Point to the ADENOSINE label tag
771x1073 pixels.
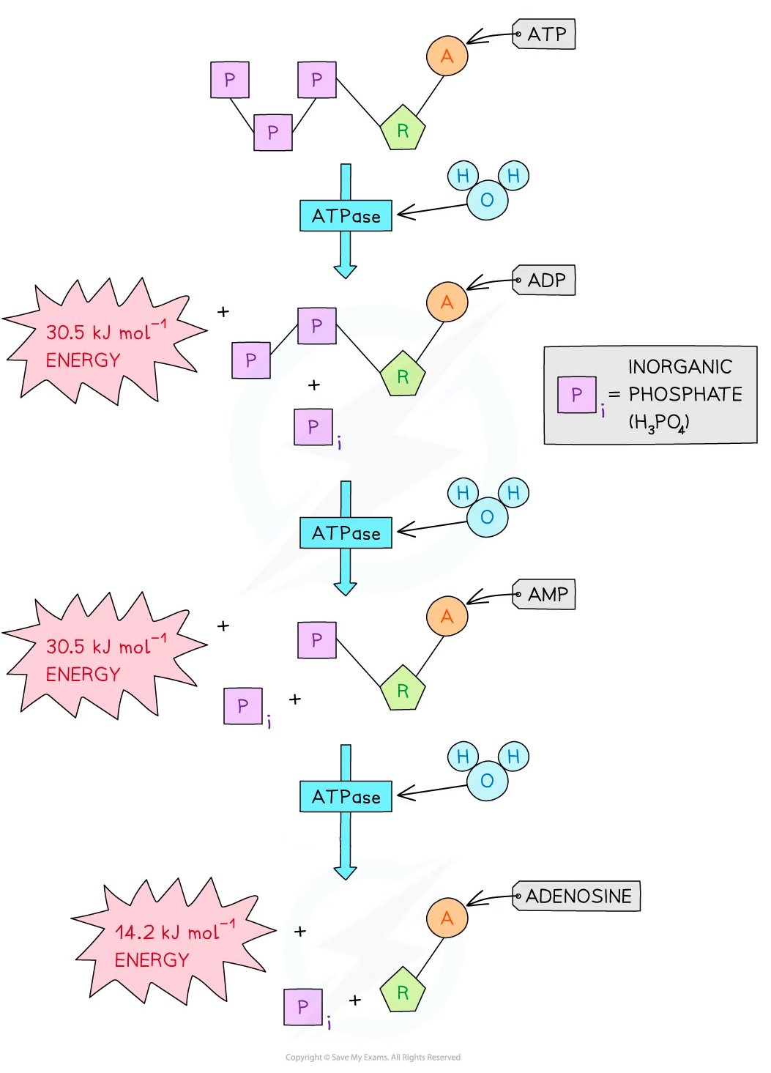coord(576,896)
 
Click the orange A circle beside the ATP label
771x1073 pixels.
coord(447,56)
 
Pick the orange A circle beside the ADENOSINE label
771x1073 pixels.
coord(447,918)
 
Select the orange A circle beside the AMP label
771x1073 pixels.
coord(447,617)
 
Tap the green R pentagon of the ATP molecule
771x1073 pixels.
coord(403,130)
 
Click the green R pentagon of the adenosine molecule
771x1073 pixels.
coord(403,992)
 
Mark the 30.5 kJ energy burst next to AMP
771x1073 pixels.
coord(103,660)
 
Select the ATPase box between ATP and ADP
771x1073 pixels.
coord(346,216)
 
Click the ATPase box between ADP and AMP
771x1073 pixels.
coord(346,533)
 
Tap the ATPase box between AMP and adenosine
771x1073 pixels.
coord(346,797)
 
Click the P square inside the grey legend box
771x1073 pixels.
coord(576,395)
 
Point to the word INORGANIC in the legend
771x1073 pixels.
coord(679,367)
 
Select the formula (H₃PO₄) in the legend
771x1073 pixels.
coord(659,423)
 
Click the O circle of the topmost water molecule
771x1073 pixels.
coord(487,199)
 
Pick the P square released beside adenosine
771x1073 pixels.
coord(303,1007)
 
